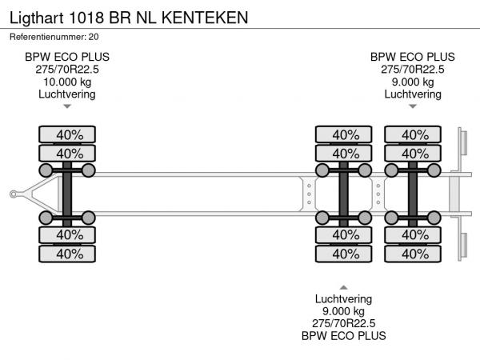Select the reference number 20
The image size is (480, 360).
pos(94,36)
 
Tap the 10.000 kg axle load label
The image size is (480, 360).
pos(67,82)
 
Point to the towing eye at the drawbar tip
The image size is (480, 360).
pos(14,194)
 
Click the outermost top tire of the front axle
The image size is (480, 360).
pos(69,134)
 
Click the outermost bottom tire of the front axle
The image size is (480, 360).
pos(69,254)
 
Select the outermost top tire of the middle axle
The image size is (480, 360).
pos(345,134)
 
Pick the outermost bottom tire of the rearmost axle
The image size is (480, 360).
pos(414,254)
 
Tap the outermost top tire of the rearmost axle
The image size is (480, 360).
pos(414,134)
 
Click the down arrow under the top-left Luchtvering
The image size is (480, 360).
pos(67,106)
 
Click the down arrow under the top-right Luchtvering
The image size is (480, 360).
pos(413,106)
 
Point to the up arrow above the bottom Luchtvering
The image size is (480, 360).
pos(344,286)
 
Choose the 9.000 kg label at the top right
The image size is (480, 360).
pos(413,82)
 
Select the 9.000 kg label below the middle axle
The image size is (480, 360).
pos(344,311)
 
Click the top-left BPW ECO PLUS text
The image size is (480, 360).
pos(67,57)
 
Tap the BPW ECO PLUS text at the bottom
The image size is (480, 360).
pos(344,336)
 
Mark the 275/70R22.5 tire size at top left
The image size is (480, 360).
pos(67,70)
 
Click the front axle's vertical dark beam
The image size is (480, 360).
pos(68,194)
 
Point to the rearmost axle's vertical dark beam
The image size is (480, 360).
pos(413,194)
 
